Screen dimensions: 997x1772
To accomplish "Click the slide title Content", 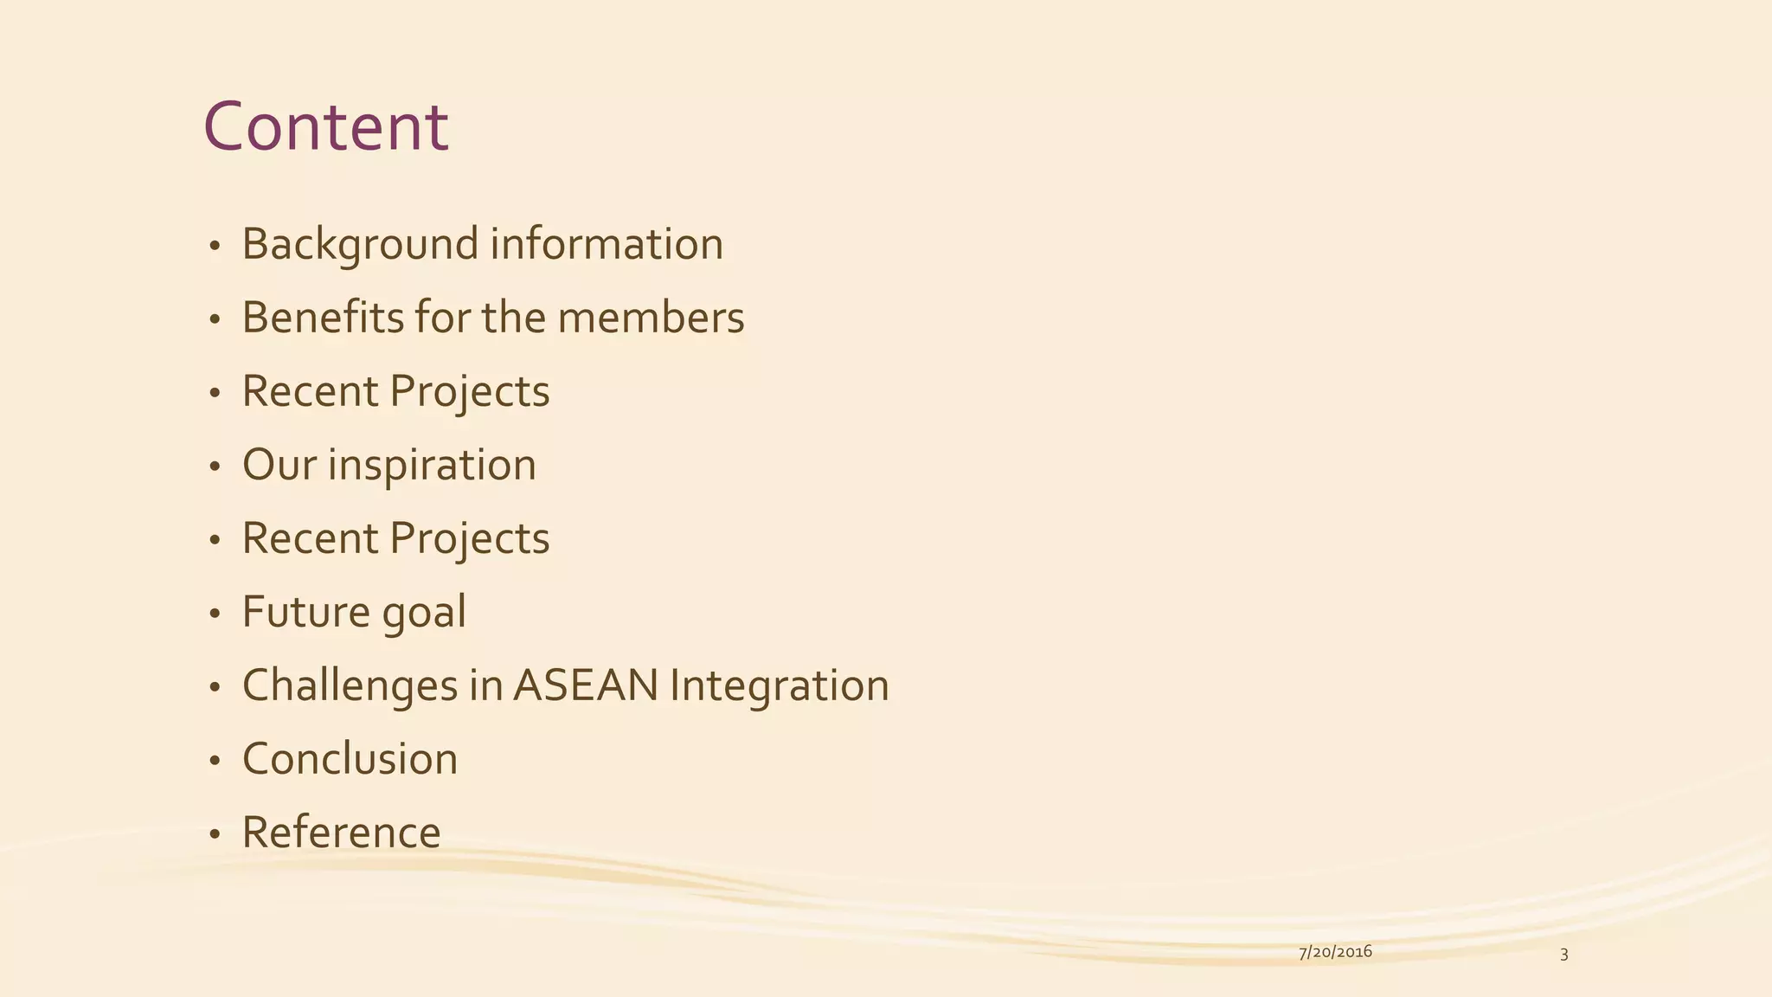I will (325, 127).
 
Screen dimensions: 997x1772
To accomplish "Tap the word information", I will (607, 244).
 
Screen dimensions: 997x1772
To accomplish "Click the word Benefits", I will (322, 318).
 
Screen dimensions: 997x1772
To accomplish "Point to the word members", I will (651, 318).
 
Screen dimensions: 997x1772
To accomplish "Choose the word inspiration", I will (432, 466).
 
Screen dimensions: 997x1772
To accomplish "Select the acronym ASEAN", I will (586, 685).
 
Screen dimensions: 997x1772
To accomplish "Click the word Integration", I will (779, 685).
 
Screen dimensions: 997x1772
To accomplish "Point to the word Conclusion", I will (350, 759).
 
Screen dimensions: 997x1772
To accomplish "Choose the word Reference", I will (341, 833).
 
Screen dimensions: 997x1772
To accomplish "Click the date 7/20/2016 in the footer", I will (1335, 952).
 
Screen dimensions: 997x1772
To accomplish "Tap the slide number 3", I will (1563, 955).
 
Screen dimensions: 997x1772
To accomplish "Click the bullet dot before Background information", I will (215, 247).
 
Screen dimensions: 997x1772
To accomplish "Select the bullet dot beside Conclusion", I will (215, 762).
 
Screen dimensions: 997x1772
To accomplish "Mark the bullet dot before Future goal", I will (215, 614).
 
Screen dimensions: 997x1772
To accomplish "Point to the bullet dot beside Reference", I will (215, 835).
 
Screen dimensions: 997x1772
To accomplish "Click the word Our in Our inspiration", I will (279, 465).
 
